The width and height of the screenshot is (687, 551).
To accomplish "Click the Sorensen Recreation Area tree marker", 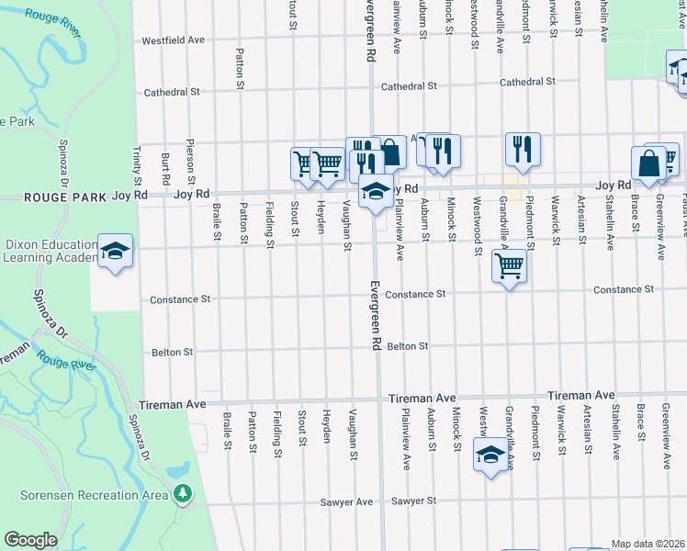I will pyautogui.click(x=183, y=494).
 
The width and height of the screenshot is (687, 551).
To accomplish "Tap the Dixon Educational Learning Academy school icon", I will pyautogui.click(x=115, y=252).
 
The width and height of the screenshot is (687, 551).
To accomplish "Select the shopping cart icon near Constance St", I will pyautogui.click(x=509, y=267).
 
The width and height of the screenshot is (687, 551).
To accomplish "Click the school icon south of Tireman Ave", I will pyautogui.click(x=490, y=455).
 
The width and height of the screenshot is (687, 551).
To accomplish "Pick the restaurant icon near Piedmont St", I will pyautogui.click(x=523, y=150).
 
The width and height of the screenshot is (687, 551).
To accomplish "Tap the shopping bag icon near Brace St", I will pyautogui.click(x=648, y=164).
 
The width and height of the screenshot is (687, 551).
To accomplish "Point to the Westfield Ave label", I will pyautogui.click(x=174, y=40).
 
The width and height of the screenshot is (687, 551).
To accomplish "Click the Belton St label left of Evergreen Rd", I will pyautogui.click(x=174, y=352).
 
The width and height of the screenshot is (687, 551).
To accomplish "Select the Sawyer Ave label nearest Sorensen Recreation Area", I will pyautogui.click(x=352, y=502).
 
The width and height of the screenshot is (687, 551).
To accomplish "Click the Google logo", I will pyautogui.click(x=31, y=540).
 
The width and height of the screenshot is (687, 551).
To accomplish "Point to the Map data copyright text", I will pyautogui.click(x=648, y=544).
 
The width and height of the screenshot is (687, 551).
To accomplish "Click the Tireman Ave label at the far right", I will pyautogui.click(x=580, y=395).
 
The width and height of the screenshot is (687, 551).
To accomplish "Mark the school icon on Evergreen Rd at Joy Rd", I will pyautogui.click(x=375, y=193).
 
